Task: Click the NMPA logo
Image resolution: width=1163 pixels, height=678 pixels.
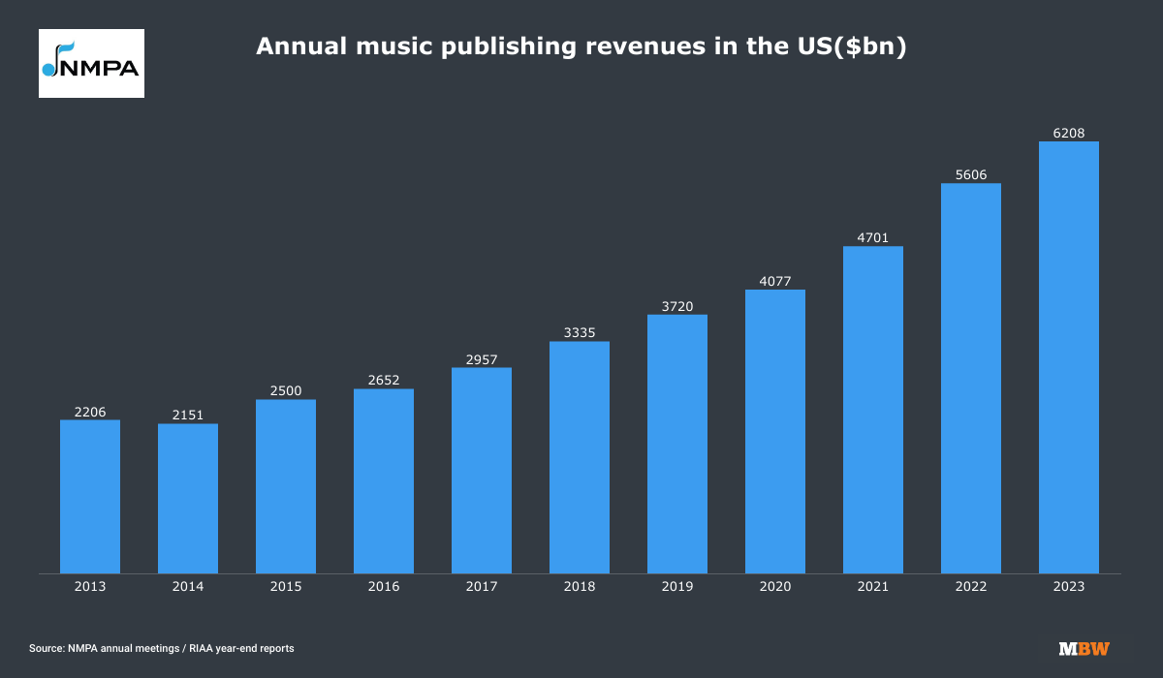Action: click(x=91, y=63)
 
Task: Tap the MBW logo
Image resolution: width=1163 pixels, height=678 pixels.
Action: click(x=1084, y=648)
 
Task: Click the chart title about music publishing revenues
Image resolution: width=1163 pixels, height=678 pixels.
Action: click(x=581, y=46)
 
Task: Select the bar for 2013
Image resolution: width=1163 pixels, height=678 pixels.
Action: click(x=90, y=496)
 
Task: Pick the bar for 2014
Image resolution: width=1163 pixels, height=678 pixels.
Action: click(x=188, y=498)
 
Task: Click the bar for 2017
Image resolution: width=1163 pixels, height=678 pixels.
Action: click(x=482, y=470)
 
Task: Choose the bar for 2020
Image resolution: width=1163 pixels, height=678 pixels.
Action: click(x=775, y=431)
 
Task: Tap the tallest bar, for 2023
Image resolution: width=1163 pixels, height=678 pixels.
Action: click(x=1069, y=357)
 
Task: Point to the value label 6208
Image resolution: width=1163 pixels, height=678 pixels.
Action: click(x=1069, y=133)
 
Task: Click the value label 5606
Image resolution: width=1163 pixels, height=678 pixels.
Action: click(x=971, y=174)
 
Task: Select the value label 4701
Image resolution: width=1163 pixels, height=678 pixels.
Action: click(x=873, y=237)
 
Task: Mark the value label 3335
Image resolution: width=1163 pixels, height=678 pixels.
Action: click(x=580, y=332)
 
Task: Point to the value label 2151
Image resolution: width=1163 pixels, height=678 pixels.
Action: click(x=188, y=415)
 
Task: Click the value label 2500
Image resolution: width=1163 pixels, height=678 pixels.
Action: click(x=286, y=390)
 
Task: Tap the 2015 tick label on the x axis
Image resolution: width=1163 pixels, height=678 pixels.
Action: click(x=286, y=587)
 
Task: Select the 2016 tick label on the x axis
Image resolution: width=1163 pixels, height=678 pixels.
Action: click(x=384, y=587)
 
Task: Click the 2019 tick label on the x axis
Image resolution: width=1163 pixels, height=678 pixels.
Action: click(x=677, y=587)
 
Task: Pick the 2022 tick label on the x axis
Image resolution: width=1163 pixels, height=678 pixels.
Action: click(x=971, y=587)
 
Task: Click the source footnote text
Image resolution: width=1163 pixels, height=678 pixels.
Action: click(x=162, y=648)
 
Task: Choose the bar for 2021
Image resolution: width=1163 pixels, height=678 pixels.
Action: click(x=873, y=410)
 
